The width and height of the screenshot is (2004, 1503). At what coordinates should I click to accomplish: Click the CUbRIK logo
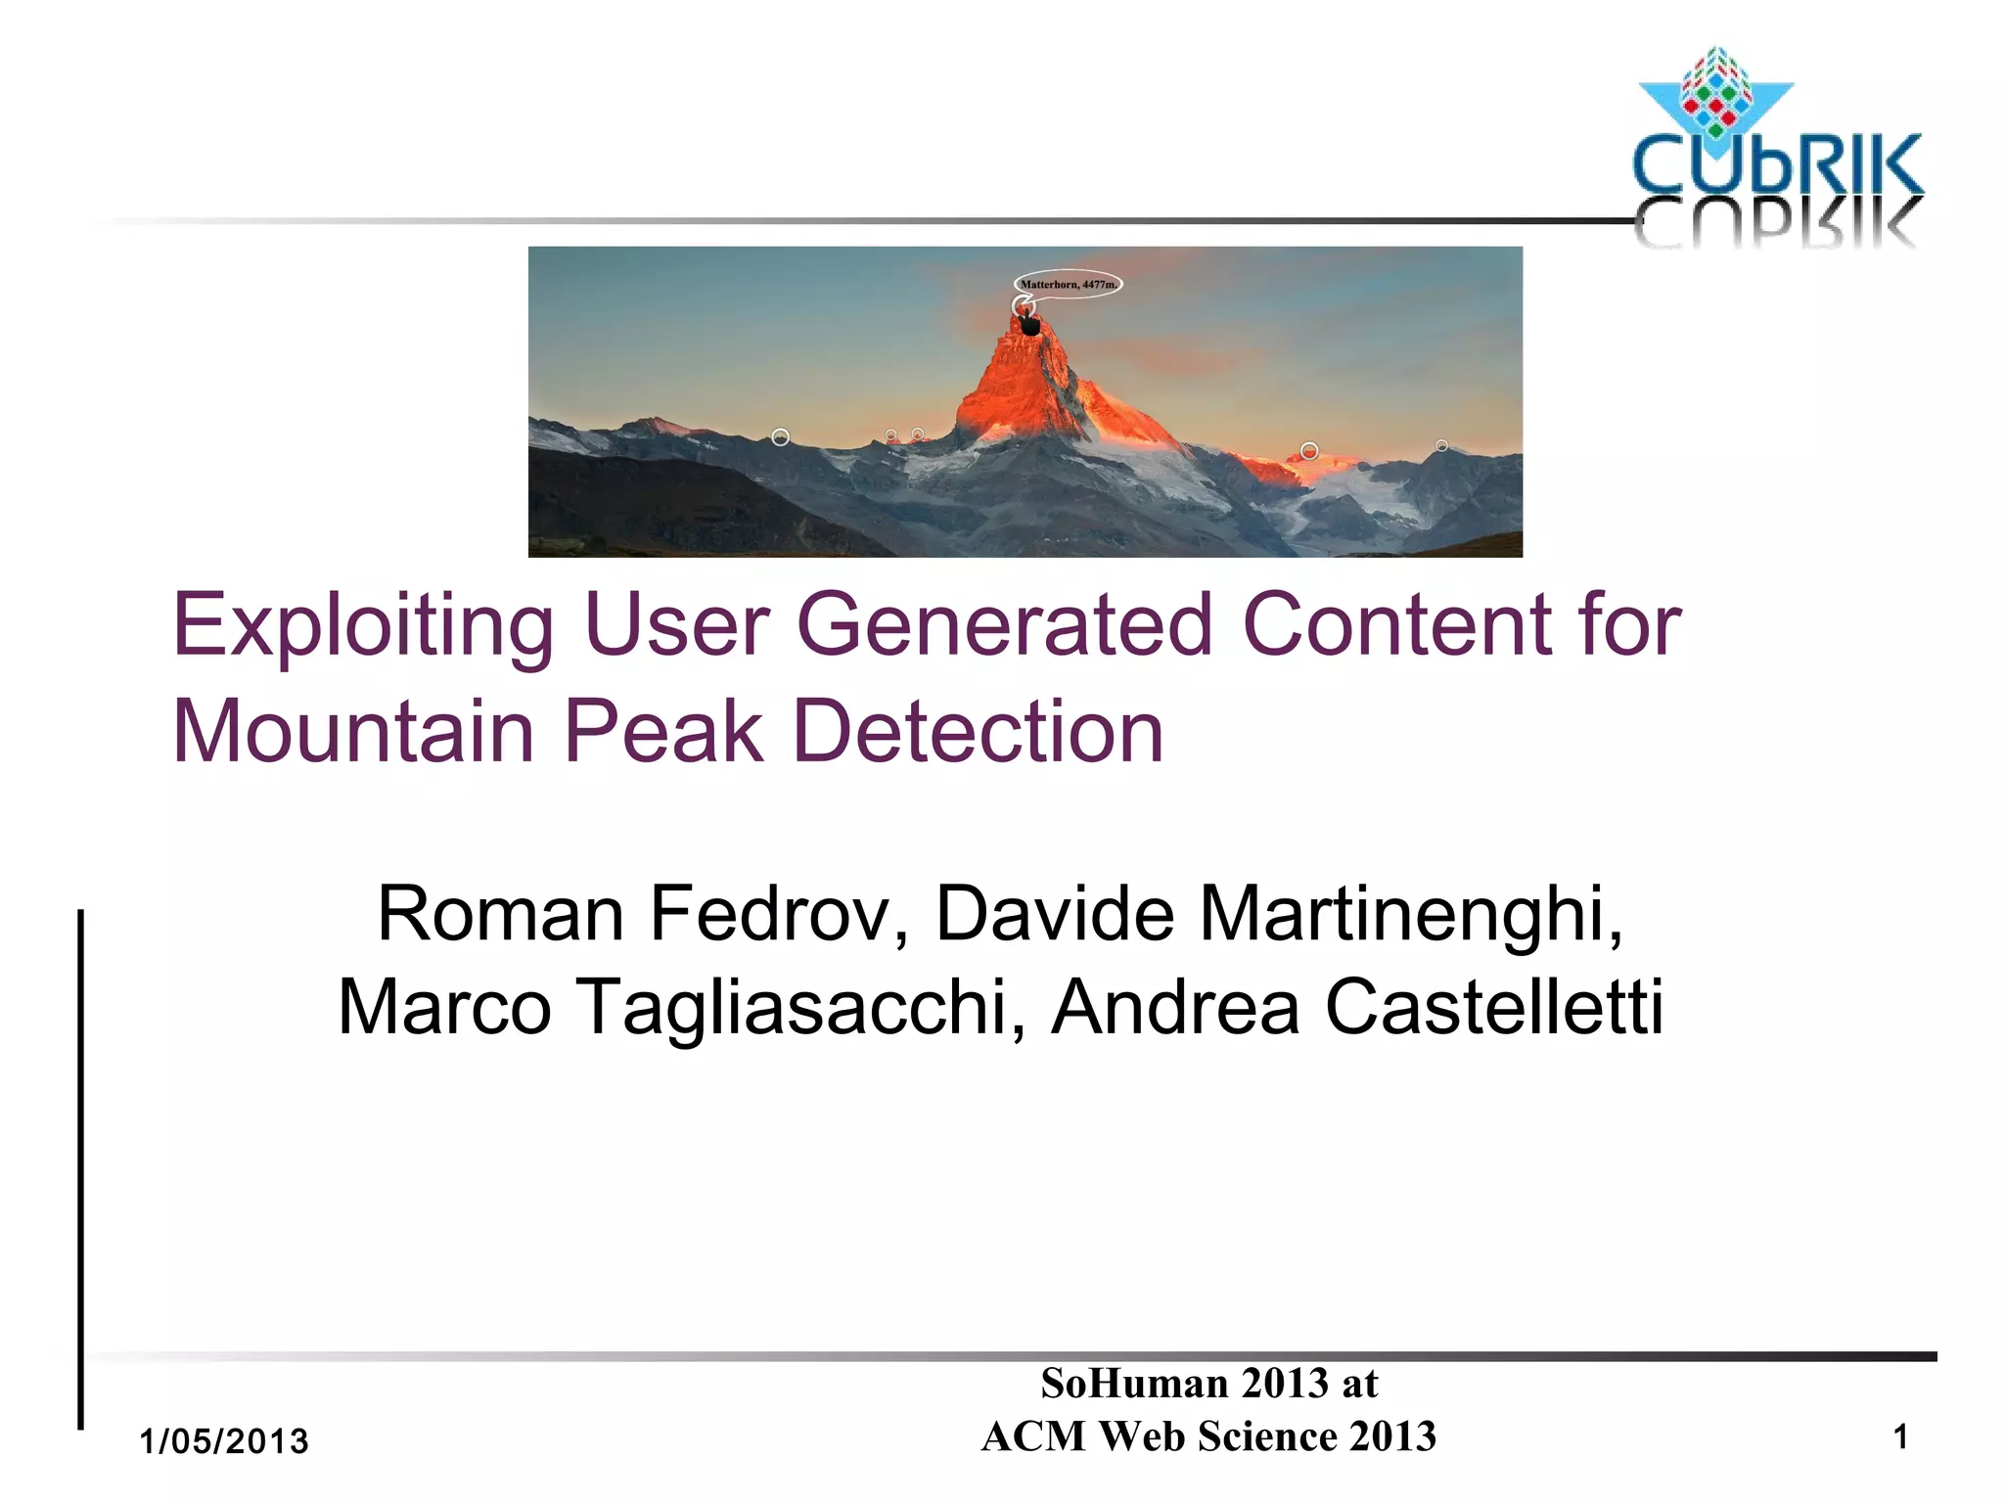point(1776,147)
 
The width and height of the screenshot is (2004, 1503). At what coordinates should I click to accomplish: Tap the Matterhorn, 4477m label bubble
point(1068,284)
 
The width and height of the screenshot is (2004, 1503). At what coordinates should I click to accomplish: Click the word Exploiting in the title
point(363,626)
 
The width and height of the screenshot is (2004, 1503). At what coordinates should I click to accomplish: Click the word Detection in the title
point(978,732)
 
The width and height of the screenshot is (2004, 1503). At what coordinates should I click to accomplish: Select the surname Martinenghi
point(1410,914)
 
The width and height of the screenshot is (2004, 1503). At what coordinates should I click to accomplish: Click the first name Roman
point(500,914)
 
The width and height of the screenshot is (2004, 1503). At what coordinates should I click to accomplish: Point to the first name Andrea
point(1174,1007)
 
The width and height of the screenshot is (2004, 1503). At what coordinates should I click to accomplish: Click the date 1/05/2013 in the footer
point(224,1441)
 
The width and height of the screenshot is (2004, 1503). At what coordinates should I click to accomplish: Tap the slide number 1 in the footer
point(1900,1437)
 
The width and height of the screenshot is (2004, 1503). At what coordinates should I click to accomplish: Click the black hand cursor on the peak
point(1029,323)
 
